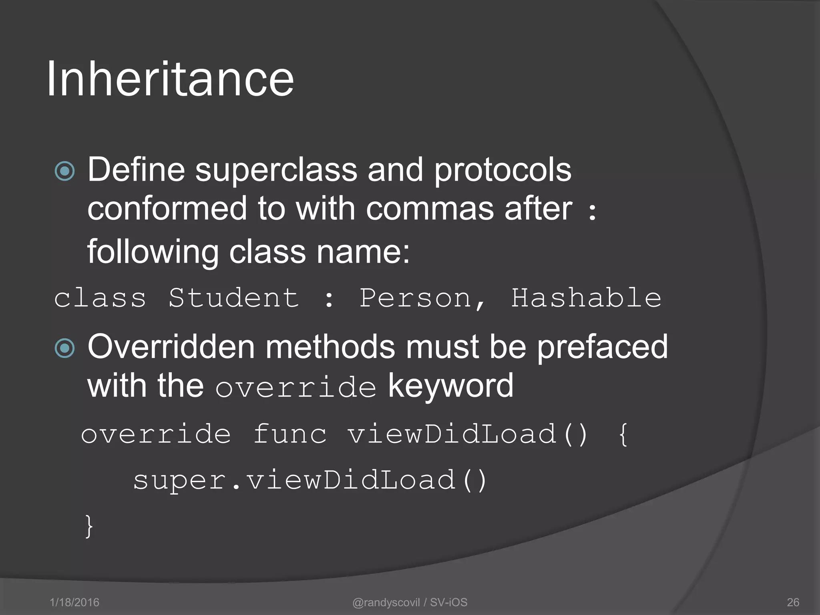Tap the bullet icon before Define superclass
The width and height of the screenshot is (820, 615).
(x=64, y=171)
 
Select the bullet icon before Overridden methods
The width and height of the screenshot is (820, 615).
(x=64, y=348)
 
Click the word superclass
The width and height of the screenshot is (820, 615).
(x=276, y=170)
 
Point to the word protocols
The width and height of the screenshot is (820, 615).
(x=502, y=170)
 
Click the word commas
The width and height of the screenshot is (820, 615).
(x=430, y=209)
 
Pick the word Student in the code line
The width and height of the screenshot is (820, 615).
(x=233, y=298)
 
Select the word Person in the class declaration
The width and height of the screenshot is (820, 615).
(x=416, y=298)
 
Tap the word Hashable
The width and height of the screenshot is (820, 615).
(x=586, y=298)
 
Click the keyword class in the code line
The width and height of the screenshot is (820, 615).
(x=100, y=298)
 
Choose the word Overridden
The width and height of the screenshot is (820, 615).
(x=171, y=347)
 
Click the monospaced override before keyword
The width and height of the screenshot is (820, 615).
(x=295, y=387)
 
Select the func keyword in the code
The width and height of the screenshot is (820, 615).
(x=290, y=434)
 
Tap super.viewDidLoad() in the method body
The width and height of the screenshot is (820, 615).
(x=310, y=480)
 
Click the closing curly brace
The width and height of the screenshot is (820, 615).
(x=89, y=526)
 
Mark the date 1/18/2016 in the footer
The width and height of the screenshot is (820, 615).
(x=74, y=602)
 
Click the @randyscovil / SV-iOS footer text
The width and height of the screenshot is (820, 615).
(x=410, y=602)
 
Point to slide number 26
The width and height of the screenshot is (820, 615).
(x=793, y=602)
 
